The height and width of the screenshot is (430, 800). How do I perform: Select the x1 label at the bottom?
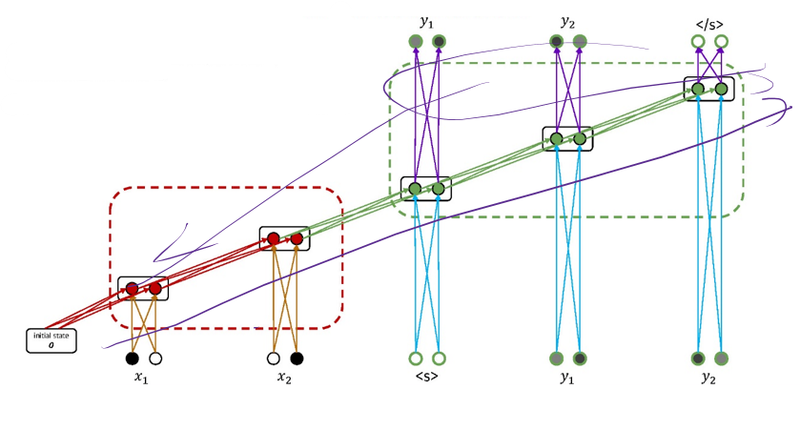point(143,378)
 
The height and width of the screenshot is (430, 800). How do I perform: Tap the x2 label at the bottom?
point(284,378)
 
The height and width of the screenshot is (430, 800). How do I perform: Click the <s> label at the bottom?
point(426,378)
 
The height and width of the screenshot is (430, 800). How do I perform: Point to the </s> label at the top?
point(709,22)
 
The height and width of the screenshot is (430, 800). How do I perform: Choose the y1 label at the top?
point(426,22)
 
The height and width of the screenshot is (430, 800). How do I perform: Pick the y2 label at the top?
point(567,22)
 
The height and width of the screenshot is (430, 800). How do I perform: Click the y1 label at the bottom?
point(567,378)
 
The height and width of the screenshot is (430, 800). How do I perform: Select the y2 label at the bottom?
point(709,378)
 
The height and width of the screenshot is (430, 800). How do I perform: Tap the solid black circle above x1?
point(132,358)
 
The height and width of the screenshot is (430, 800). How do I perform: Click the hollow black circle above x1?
point(155,358)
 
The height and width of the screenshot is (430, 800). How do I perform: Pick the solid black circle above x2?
point(297,358)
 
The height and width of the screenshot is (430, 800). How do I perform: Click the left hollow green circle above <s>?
point(415,358)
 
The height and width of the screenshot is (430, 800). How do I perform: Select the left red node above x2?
point(273,238)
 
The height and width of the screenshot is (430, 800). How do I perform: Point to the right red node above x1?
point(155,287)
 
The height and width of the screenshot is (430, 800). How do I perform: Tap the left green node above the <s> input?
point(415,189)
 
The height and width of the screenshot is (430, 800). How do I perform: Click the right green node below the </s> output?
point(722,89)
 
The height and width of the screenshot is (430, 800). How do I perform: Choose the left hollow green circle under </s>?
point(698,41)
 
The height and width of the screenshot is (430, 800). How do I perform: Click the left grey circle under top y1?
point(415,41)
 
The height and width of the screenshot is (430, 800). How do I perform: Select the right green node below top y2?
point(580,138)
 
